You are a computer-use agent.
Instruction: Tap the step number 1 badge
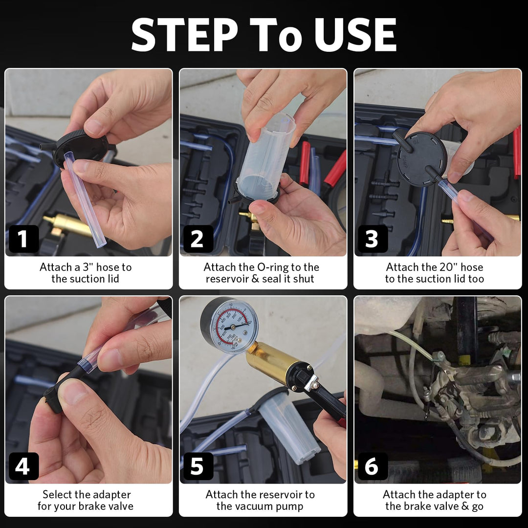point(23,239)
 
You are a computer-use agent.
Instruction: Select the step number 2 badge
point(198,239)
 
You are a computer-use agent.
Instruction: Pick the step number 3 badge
point(373,239)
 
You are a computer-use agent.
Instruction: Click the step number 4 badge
point(23,466)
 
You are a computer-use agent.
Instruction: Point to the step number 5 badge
point(198,466)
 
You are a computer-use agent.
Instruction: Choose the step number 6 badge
point(373,466)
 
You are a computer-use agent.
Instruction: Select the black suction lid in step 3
point(422,159)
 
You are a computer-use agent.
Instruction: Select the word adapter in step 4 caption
point(111,495)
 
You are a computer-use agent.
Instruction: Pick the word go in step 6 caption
point(477,507)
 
